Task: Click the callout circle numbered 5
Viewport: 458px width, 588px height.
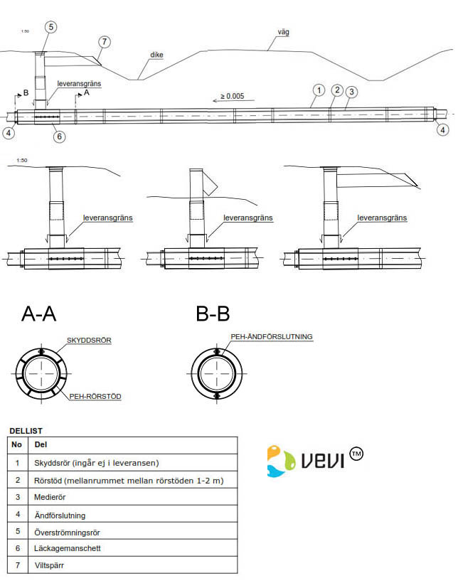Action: pos(50,27)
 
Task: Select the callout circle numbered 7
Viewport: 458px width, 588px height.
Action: pos(104,42)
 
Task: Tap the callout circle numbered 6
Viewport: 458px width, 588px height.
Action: pos(59,136)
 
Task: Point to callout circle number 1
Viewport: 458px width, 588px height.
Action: pos(319,90)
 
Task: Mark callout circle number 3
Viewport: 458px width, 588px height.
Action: pos(353,91)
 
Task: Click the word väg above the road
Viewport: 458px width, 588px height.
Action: pos(284,32)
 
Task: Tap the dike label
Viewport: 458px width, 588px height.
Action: pos(157,54)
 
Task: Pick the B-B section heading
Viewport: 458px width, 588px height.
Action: pos(213,314)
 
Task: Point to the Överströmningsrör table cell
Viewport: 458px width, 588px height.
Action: pos(70,532)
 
